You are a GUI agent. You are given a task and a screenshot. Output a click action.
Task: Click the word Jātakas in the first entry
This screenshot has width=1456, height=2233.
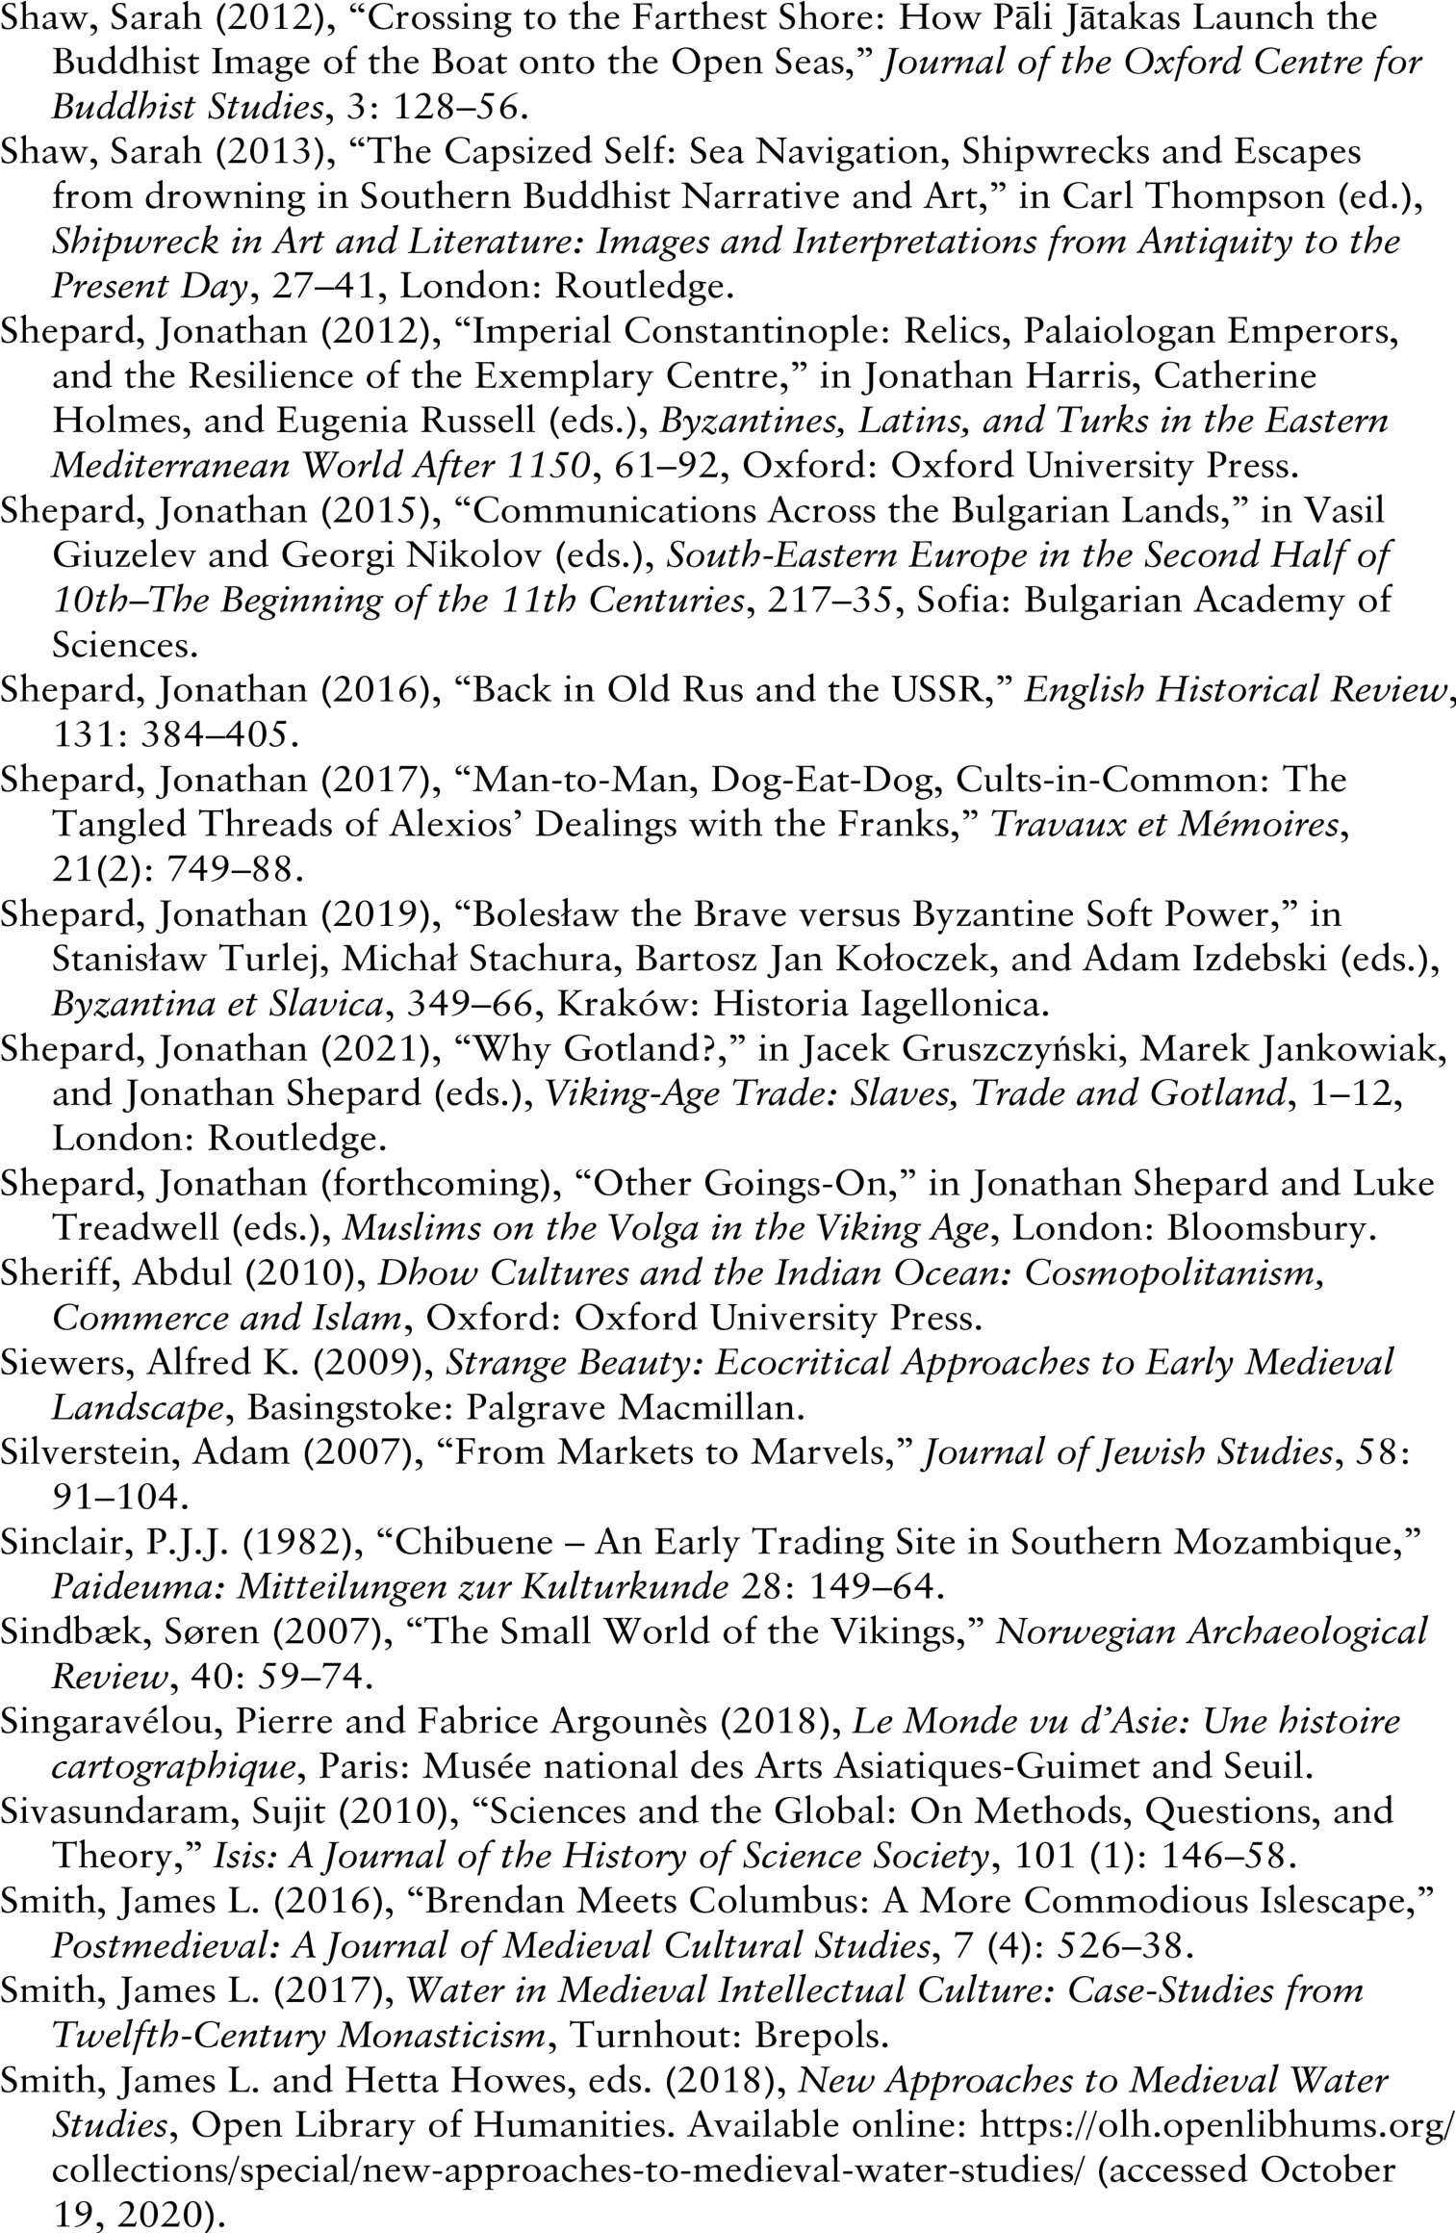tap(1056, 17)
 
